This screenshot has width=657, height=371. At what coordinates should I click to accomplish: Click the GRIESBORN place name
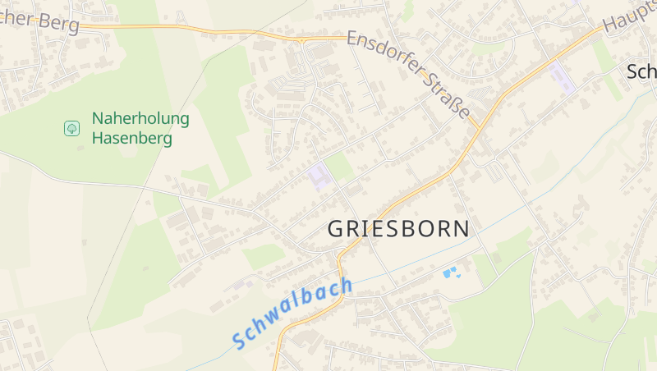coord(399,229)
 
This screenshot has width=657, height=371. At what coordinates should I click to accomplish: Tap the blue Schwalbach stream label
coord(292,313)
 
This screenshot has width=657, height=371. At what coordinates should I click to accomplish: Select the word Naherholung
coord(140,118)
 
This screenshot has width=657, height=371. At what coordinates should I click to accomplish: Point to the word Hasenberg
coord(132,138)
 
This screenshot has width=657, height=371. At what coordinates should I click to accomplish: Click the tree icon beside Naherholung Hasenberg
coord(71,128)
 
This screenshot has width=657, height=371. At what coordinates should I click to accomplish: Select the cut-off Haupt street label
coord(630,15)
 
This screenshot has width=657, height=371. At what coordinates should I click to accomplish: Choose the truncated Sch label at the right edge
coord(641,71)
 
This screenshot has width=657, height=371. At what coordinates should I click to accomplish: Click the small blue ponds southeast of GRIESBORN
coord(451,271)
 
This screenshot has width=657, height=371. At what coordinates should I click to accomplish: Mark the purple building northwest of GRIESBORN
coord(318,176)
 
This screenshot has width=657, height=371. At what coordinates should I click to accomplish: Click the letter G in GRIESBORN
coord(337,229)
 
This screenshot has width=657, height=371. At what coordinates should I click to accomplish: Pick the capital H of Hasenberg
coord(98,138)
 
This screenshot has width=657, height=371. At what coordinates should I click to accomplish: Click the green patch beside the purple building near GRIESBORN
coord(339,167)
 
